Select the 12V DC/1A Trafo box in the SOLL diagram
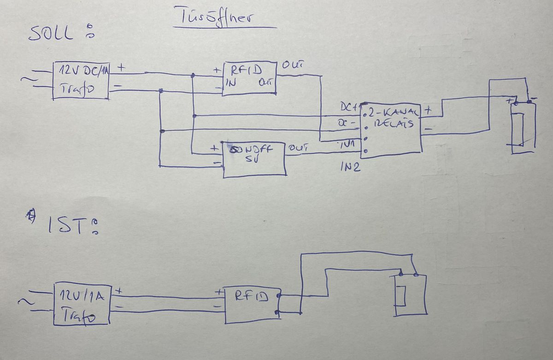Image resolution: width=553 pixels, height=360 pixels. (x=81, y=80)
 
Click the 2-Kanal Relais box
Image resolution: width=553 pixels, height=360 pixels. (x=392, y=129)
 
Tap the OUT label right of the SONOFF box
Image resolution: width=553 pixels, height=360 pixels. (x=298, y=148)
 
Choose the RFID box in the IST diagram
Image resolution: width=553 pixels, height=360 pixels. (x=252, y=304)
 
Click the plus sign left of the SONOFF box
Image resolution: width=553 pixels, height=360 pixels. (x=214, y=149)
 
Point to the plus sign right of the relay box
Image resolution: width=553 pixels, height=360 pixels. (x=428, y=111)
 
